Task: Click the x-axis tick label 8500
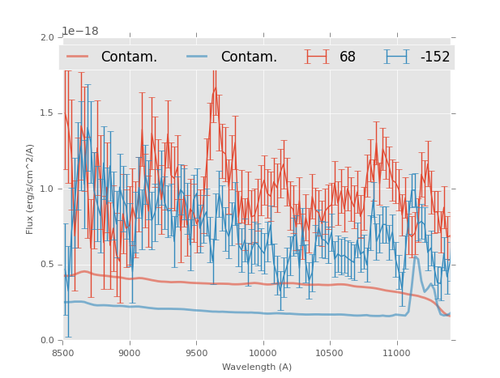(x=63, y=353)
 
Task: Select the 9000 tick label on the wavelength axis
(x=130, y=353)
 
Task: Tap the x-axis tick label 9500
(x=196, y=353)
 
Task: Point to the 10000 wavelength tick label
(x=263, y=353)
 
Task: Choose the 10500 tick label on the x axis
(x=330, y=353)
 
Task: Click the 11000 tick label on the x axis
(x=396, y=353)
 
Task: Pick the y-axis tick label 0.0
(x=48, y=341)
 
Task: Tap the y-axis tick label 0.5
(x=48, y=265)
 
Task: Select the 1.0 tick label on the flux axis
(x=48, y=189)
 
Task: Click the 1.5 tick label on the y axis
(x=48, y=113)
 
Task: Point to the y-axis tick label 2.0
(x=48, y=37)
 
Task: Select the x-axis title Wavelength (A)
(x=257, y=367)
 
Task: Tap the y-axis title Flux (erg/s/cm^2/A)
(x=30, y=189)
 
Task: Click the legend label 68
(x=348, y=57)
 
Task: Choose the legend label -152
(x=434, y=57)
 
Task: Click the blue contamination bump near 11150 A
(x=416, y=257)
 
